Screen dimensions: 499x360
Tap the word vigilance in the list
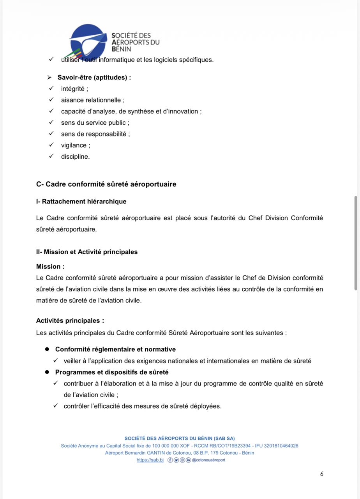74,145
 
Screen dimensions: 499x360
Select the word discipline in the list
75,157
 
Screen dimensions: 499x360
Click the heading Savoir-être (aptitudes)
94,78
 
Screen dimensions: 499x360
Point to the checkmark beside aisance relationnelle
51,100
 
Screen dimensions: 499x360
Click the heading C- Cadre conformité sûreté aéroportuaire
106,184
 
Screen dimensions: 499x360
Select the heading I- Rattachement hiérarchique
81,202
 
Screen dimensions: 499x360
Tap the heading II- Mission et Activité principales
86,252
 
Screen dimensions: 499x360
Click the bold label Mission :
50,267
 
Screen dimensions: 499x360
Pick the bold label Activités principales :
70,321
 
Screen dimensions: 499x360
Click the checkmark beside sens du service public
51,122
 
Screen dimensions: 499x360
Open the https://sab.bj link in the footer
150,460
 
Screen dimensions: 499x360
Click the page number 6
321,474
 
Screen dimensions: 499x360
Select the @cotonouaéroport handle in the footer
208,460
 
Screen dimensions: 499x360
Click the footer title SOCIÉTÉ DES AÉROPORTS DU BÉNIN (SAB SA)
180,439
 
